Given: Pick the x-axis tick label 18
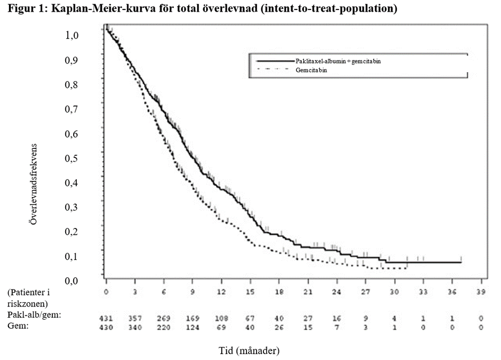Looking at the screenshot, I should click(279, 292).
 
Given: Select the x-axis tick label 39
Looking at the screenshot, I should click(480, 292).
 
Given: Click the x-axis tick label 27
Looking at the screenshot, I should click(365, 292).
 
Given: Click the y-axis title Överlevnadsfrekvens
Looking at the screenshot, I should click(33, 183).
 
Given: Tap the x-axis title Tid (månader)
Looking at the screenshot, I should click(249, 350).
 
